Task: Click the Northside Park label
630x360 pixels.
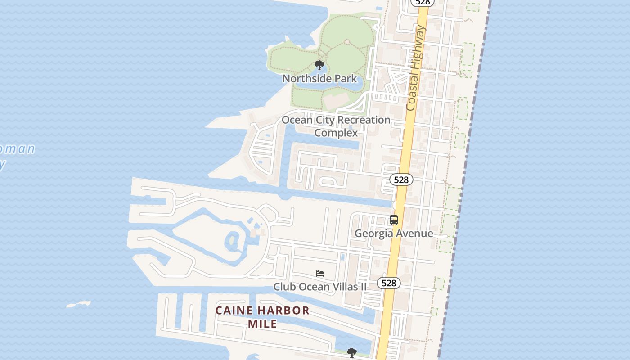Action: (x=319, y=79)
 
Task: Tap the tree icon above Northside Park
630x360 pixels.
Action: (x=319, y=65)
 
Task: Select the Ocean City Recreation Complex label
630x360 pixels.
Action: (x=336, y=126)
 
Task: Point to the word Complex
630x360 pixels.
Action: (x=336, y=133)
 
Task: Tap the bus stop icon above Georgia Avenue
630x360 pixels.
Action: (x=394, y=220)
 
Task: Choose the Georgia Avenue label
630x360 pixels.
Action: (x=394, y=233)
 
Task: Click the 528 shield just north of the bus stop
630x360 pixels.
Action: (x=401, y=180)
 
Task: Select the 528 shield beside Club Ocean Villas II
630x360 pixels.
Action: (x=388, y=283)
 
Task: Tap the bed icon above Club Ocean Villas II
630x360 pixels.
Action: (x=320, y=273)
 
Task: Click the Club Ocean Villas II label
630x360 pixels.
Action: (x=320, y=287)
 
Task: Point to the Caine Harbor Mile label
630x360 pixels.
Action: (x=262, y=317)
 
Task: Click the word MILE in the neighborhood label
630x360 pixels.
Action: (x=262, y=324)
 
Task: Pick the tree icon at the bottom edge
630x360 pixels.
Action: (x=352, y=353)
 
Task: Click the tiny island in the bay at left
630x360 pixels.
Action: (x=79, y=305)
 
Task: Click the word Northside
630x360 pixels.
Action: (x=303, y=79)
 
